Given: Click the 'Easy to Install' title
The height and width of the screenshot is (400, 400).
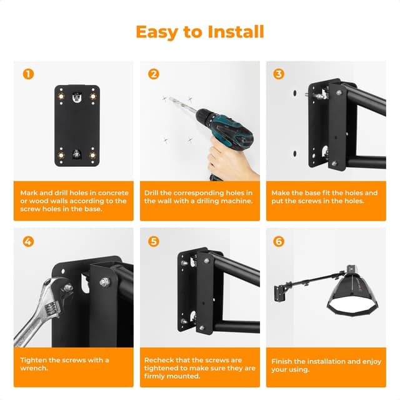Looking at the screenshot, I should [200, 32].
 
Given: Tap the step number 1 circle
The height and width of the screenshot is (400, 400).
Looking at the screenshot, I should [28, 74].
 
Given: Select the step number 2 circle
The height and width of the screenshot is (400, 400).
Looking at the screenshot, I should [154, 74].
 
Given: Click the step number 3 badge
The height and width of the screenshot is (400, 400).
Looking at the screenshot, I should [279, 74].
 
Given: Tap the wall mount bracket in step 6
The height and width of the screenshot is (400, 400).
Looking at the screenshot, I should [279, 291].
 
